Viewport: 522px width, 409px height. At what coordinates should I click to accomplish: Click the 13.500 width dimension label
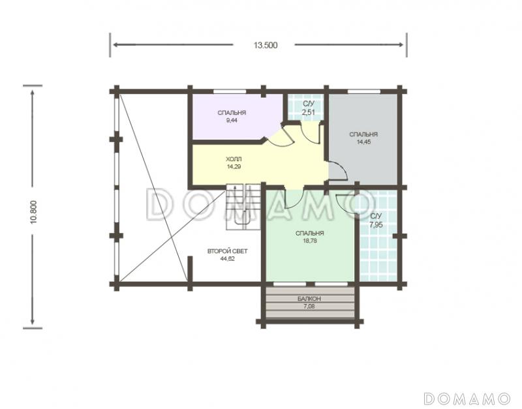click(266, 45)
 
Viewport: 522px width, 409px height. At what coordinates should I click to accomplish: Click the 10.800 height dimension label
click(34, 211)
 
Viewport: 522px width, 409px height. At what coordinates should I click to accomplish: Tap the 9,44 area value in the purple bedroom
click(232, 121)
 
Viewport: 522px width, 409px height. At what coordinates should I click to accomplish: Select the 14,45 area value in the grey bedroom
click(363, 142)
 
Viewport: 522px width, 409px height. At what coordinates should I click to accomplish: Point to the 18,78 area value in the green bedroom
click(309, 241)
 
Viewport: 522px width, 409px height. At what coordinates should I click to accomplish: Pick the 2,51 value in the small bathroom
click(308, 112)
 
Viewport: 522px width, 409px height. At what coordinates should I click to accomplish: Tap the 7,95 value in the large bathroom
click(376, 224)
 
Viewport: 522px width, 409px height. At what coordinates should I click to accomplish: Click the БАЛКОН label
click(309, 299)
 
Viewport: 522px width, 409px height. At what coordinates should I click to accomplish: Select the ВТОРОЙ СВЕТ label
click(227, 251)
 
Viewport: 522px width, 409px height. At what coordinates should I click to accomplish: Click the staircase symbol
click(243, 206)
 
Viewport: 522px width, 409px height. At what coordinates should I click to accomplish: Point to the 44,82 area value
click(227, 258)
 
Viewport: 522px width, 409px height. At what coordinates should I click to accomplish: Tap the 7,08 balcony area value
click(309, 307)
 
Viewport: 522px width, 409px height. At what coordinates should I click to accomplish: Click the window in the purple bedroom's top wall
click(230, 91)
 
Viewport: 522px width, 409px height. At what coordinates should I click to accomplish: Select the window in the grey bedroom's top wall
click(364, 91)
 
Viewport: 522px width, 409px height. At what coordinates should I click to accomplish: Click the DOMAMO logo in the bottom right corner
click(467, 398)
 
